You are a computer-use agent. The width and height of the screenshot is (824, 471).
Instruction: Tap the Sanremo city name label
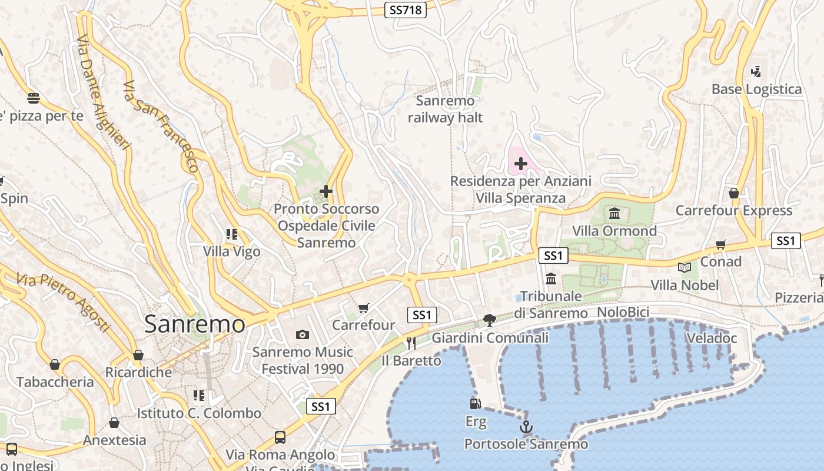[194, 324]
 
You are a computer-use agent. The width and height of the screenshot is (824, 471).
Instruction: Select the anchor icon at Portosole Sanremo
[526, 427]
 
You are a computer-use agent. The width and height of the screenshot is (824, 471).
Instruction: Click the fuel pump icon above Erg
[475, 404]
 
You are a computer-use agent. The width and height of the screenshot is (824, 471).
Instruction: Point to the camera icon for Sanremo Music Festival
[303, 334]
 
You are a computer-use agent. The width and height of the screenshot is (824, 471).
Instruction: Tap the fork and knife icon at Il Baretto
[411, 343]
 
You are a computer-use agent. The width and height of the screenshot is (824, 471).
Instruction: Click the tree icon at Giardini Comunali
[489, 320]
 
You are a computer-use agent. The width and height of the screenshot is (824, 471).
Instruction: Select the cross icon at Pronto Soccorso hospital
[325, 191]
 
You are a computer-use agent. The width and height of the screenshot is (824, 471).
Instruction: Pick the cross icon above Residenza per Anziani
[520, 164]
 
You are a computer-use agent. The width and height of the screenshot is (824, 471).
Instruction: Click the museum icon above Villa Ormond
[614, 213]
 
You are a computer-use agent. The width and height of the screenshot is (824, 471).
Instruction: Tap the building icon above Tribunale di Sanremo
[551, 278]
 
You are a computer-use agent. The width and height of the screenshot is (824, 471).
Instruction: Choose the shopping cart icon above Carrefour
[364, 308]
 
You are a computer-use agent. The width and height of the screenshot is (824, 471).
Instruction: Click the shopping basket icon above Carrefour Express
[733, 193]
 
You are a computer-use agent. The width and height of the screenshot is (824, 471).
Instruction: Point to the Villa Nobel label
[685, 286]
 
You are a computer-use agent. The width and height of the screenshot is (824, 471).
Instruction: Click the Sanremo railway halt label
[445, 110]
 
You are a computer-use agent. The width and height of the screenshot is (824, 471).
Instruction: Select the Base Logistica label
[756, 89]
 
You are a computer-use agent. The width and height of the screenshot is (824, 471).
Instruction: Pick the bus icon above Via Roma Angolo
[280, 437]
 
